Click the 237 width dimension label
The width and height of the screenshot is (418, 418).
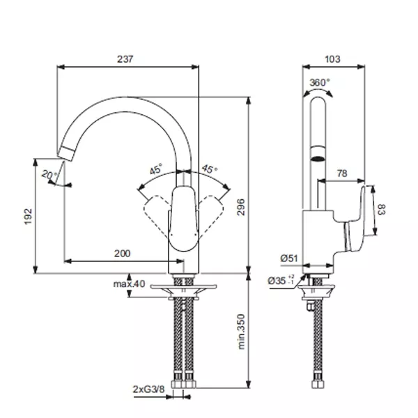125,59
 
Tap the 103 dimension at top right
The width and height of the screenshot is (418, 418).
332,59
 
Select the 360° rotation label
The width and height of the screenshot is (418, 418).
319,82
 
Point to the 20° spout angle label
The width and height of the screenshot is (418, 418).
49,176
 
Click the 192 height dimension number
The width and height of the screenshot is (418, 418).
29,217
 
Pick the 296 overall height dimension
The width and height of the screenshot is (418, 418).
241,207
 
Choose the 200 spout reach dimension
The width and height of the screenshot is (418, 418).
123,254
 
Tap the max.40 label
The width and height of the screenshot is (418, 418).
130,284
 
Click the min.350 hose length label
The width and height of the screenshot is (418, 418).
241,332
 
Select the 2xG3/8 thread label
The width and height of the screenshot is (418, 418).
149,389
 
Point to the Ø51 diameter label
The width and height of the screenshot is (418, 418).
289,258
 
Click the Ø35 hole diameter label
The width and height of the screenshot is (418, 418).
281,281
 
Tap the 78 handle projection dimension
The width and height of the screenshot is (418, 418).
342,173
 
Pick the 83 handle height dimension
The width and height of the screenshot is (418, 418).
382,209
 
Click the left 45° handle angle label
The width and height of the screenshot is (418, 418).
156,169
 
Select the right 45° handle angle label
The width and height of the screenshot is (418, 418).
209,169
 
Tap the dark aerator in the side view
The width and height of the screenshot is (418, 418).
318,159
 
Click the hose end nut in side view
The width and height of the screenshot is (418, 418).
318,384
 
